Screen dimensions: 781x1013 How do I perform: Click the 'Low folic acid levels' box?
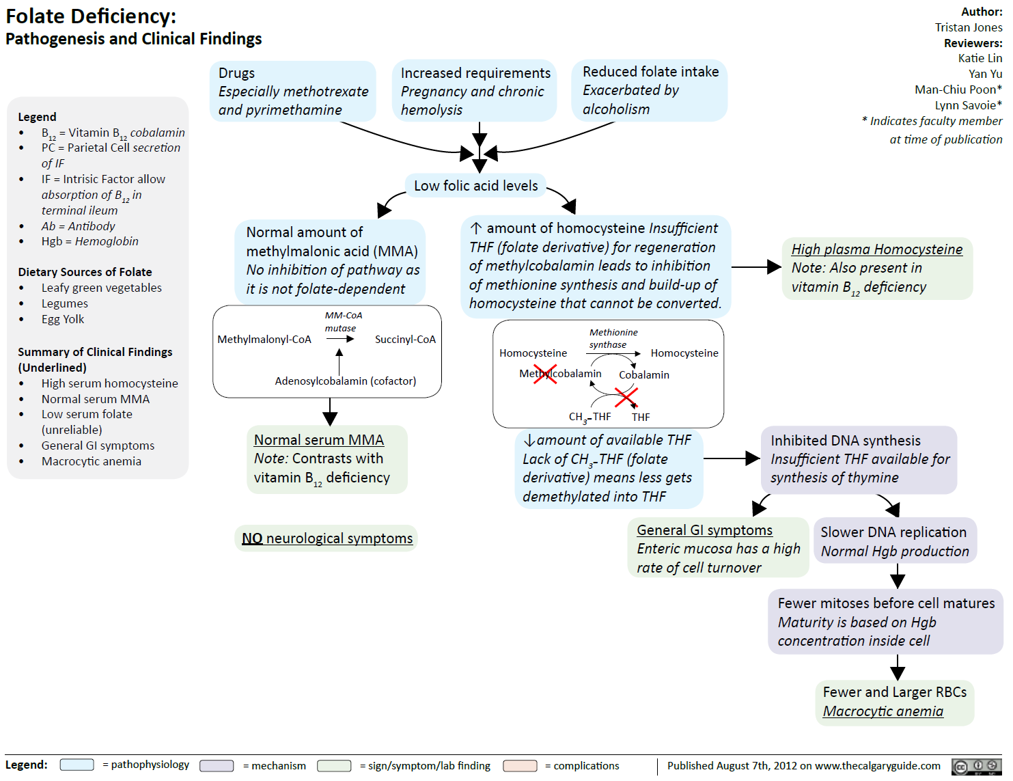475,186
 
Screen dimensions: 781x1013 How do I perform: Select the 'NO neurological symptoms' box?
327,538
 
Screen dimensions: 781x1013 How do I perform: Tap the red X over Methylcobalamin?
544,374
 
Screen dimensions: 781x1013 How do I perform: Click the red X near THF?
626,397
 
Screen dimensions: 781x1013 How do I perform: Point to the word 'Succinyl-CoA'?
405,340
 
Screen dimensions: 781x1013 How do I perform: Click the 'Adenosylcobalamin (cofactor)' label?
345,381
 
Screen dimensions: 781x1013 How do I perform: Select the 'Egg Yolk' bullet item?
63,319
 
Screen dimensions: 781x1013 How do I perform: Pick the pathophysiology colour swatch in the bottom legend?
77,765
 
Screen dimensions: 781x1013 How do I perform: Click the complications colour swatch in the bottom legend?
520,766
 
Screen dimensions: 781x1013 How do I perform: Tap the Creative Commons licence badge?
976,767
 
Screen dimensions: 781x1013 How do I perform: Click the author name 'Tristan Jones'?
968,27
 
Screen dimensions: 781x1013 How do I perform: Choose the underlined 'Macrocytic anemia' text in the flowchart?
883,711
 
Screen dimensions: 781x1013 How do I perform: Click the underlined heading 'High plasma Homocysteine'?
876,249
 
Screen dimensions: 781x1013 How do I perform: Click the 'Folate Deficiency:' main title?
91,16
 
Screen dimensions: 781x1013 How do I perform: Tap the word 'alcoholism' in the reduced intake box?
615,109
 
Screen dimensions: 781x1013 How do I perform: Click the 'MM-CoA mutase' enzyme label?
343,322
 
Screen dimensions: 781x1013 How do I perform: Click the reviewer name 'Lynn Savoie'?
965,105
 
